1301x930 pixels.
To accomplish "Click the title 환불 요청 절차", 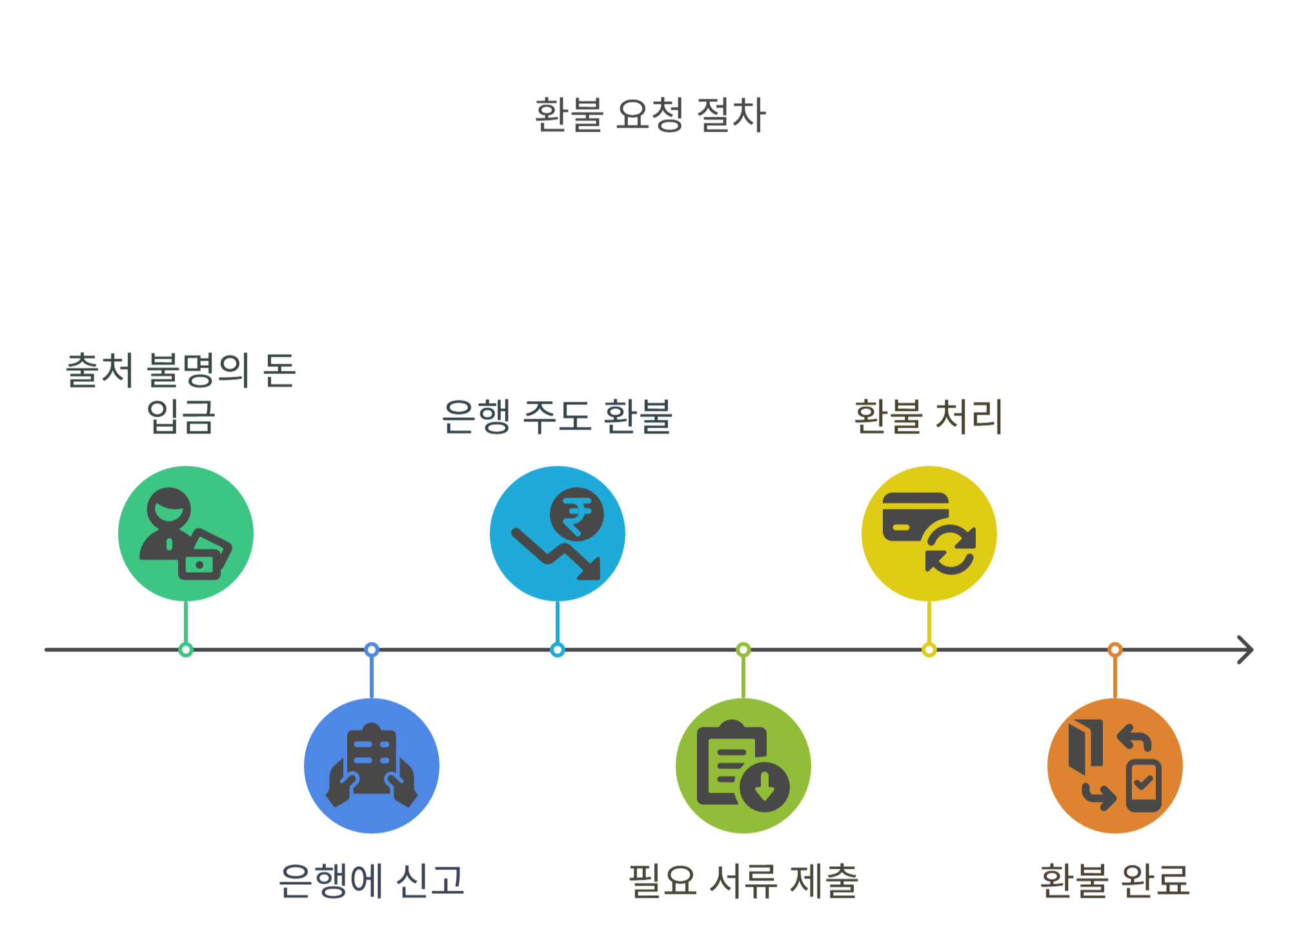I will tap(650, 115).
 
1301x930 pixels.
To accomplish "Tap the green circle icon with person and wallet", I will tap(186, 533).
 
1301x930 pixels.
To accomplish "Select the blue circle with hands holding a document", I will tap(372, 766).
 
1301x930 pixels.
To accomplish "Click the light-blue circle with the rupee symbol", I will tap(558, 533).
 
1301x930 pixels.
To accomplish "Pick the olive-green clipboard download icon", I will tap(743, 766).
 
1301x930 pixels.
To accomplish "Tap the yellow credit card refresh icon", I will tap(929, 533).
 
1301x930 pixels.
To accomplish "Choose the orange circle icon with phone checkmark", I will tap(1115, 766).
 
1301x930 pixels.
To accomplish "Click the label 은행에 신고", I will tap(372, 880).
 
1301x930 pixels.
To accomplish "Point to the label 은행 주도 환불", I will tap(558, 417).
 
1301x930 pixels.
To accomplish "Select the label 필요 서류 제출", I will tap(743, 880).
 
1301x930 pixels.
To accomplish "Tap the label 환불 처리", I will tap(929, 417).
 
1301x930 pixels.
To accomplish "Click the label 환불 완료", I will tap(1115, 880).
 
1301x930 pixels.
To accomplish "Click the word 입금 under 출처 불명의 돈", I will tap(181, 417).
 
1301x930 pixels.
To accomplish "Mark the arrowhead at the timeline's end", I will tap(1246, 649).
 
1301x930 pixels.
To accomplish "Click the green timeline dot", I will tap(186, 649).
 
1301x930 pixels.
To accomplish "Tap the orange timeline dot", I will tap(1115, 649).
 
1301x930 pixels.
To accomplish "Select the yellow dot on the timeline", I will tap(929, 649).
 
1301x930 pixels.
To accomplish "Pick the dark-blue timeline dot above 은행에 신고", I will tap(372, 649).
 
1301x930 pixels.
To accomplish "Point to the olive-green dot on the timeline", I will tap(743, 649).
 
